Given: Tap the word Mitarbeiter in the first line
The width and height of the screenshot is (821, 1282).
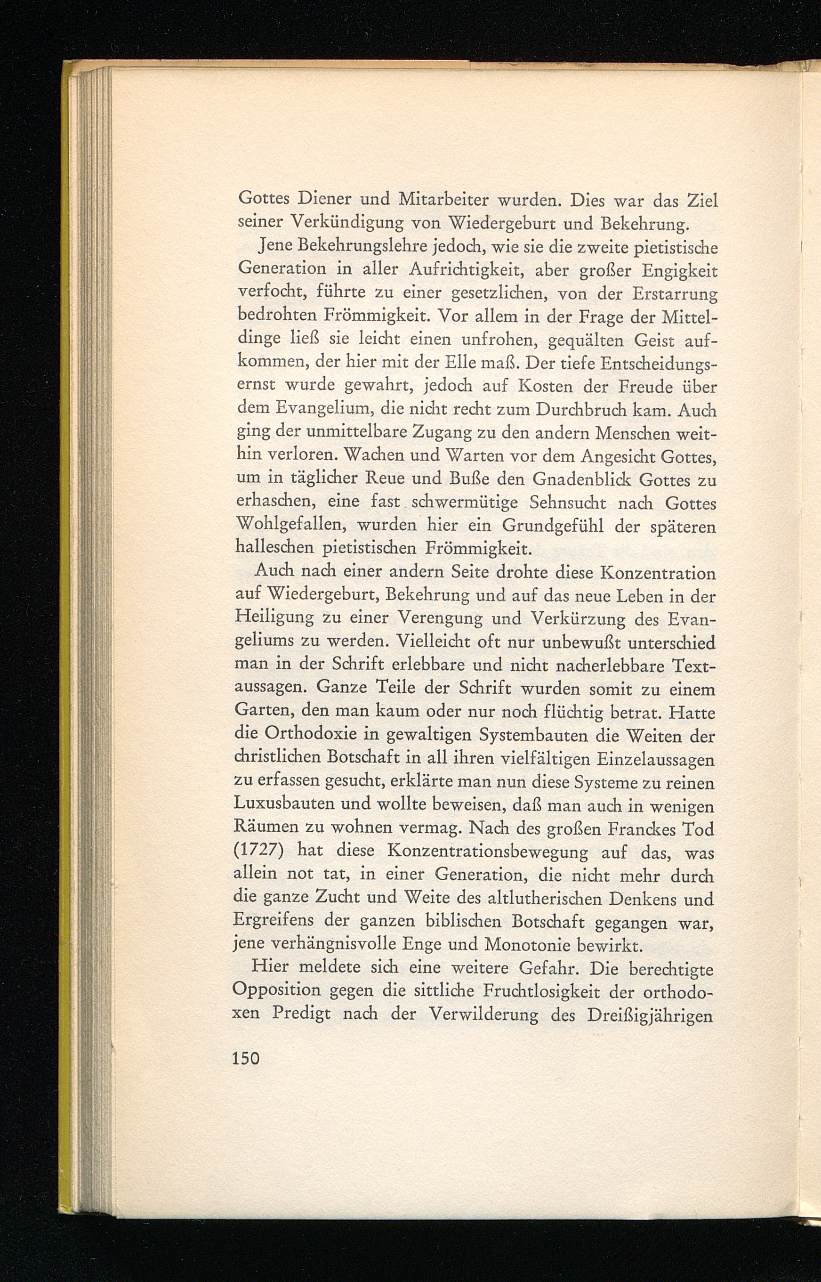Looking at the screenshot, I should coord(443,202).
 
